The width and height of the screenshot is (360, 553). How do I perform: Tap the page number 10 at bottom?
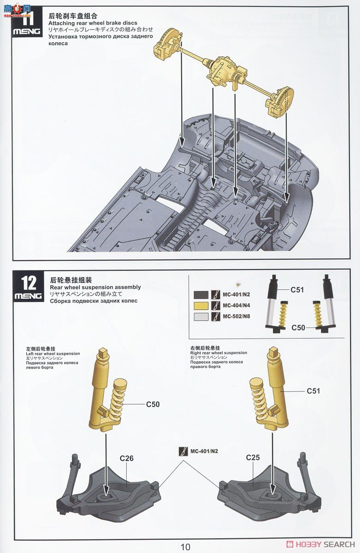pos(185,547)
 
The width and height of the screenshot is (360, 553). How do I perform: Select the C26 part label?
pos(126,458)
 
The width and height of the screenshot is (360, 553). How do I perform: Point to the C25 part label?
pos(253,458)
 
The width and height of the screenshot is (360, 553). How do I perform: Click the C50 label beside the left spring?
pos(153,404)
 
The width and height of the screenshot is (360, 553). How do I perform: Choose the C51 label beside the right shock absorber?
pos(313,391)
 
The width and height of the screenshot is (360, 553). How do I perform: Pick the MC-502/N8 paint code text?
pos(237,317)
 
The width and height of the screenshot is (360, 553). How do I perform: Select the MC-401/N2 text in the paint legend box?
pos(237,294)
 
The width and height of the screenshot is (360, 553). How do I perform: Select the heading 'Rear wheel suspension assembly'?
pos(94,287)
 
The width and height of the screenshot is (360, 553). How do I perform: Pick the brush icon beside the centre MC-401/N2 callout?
pos(184,451)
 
